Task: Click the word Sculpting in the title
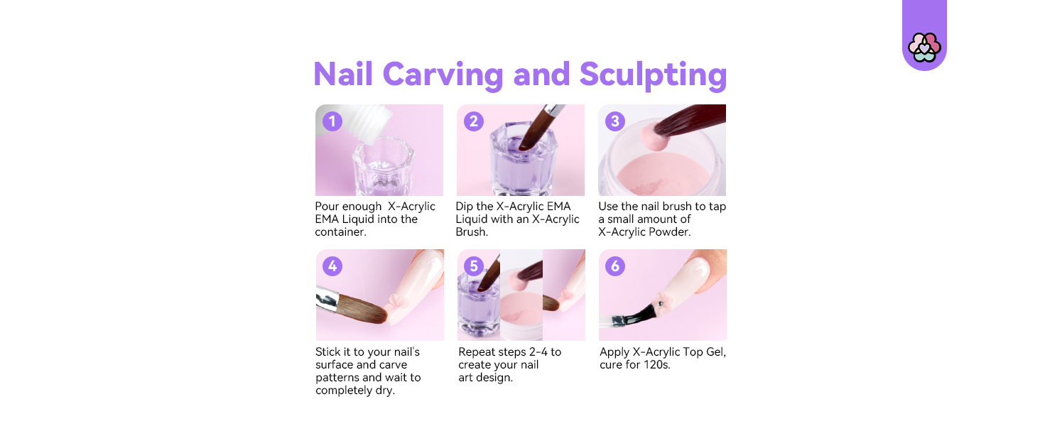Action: click(x=653, y=75)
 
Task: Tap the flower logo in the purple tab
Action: click(x=924, y=47)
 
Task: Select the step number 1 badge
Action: click(x=332, y=121)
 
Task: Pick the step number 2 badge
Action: click(x=473, y=121)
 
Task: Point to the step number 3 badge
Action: click(x=615, y=121)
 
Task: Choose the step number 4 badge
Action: click(x=332, y=266)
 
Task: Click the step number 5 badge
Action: click(x=473, y=266)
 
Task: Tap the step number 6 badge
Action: click(x=615, y=266)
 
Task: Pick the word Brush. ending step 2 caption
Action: click(x=472, y=232)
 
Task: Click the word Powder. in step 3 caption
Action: click(x=668, y=232)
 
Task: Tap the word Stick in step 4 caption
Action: click(x=327, y=352)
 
